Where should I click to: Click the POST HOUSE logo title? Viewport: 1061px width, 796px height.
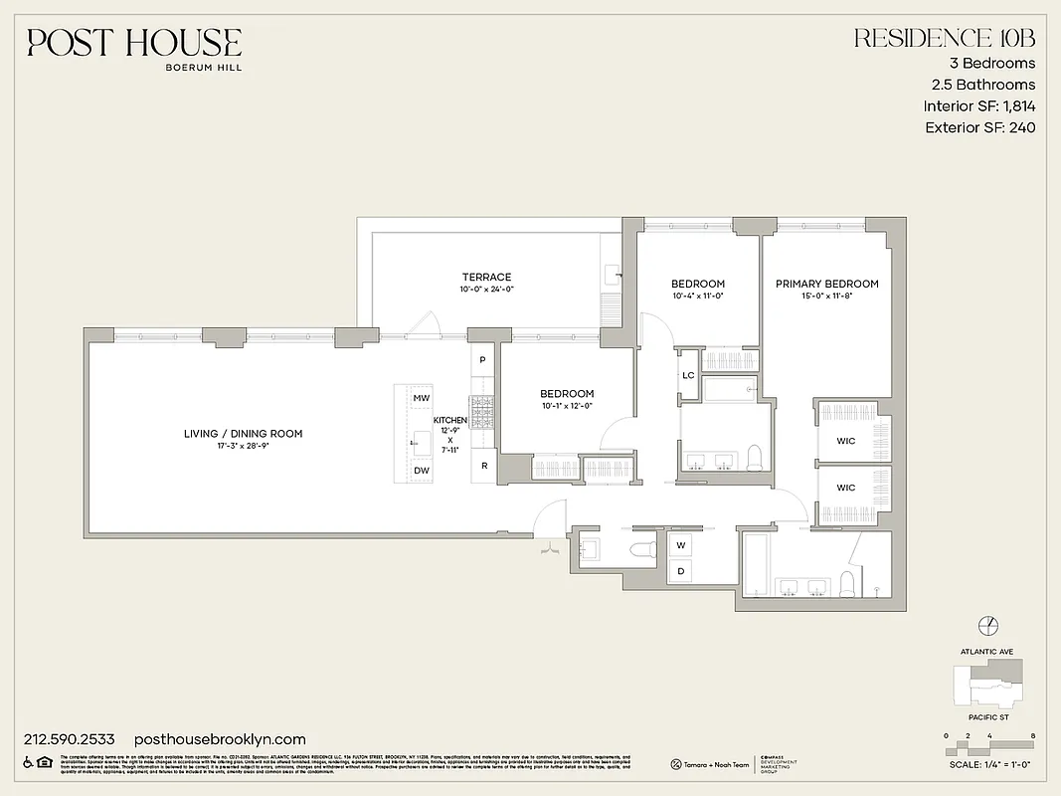coord(134,42)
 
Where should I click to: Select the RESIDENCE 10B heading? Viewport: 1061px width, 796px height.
coord(945,39)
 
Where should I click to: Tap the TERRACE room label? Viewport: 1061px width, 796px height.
coord(486,277)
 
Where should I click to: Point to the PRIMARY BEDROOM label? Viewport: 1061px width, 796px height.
coord(826,284)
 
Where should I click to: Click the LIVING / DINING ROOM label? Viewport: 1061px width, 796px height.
coord(243,434)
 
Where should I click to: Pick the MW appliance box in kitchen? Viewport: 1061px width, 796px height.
coord(421,398)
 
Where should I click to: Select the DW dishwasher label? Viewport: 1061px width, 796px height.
coord(421,470)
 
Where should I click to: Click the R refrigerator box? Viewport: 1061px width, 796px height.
coord(484,465)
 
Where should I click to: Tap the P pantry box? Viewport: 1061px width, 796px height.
coord(482,359)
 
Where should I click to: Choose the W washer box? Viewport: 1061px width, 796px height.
coord(682,545)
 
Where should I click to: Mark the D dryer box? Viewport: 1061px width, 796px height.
coord(682,570)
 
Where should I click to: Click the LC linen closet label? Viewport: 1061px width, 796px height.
coord(688,375)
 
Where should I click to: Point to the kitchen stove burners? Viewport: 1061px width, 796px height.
coord(483,408)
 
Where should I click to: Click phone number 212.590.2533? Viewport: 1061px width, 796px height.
coord(69,739)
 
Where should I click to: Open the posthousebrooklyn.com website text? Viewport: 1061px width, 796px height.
coord(219,739)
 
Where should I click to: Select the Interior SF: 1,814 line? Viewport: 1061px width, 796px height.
coord(978,106)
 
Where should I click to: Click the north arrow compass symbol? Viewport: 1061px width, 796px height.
coord(987,625)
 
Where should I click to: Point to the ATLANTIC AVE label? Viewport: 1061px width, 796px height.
coord(986,652)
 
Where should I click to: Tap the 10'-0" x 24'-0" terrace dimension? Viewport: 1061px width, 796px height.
coord(486,290)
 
